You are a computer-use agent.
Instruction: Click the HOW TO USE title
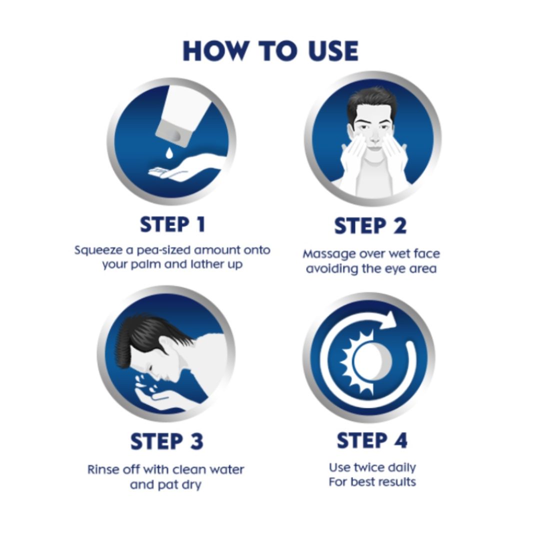click(x=270, y=51)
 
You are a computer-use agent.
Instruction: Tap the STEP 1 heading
click(x=172, y=224)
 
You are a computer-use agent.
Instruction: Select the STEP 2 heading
click(x=370, y=226)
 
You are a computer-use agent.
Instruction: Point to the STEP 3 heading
click(x=167, y=441)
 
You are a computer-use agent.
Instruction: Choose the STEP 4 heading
click(x=372, y=440)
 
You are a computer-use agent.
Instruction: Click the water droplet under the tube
click(x=169, y=153)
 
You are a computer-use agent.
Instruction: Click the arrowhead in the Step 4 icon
click(x=389, y=320)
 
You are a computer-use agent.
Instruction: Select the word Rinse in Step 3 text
click(x=100, y=469)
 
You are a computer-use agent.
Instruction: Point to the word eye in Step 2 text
click(x=396, y=269)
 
